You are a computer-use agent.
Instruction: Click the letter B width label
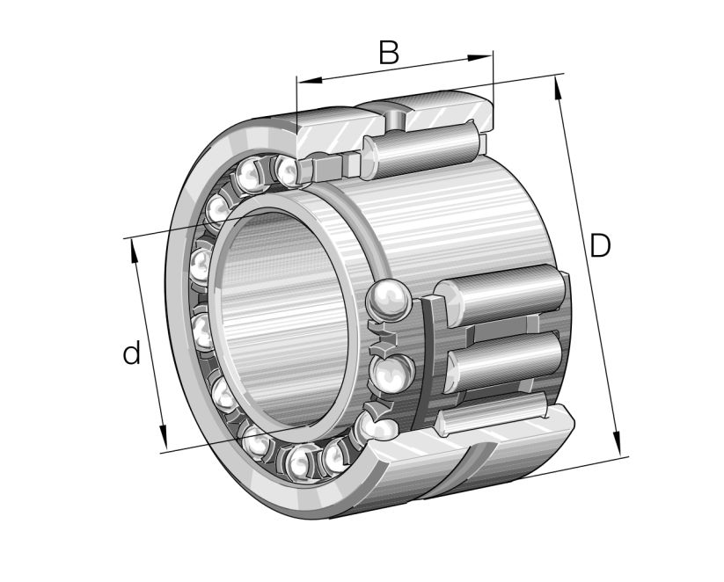click(x=388, y=54)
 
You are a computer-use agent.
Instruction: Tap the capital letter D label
click(x=600, y=247)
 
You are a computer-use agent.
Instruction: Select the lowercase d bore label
click(x=131, y=354)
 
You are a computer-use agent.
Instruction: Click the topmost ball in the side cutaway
click(x=388, y=302)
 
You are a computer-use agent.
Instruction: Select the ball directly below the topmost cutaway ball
click(x=387, y=370)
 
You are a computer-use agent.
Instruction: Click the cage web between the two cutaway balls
click(x=384, y=338)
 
